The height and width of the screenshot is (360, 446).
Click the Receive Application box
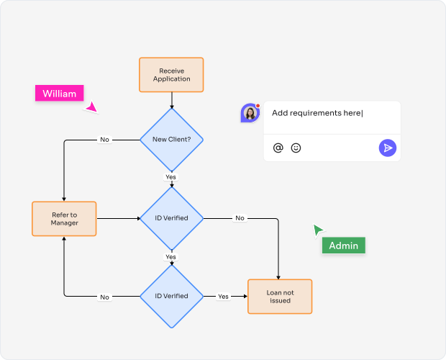pos(171,75)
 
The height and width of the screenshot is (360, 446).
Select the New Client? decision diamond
pos(171,139)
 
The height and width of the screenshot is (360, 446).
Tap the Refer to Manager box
pos(65,218)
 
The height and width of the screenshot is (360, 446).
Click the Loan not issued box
pos(280,296)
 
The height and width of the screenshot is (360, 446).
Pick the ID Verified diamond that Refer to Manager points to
pos(171,218)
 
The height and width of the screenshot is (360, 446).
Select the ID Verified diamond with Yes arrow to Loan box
pos(171,296)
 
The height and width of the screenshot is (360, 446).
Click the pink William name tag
pos(59,94)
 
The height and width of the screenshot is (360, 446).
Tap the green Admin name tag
pos(343,246)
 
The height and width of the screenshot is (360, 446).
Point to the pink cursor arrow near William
pos(91,108)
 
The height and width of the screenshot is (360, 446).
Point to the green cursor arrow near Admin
pos(317,230)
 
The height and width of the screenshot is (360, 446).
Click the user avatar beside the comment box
pos(250,113)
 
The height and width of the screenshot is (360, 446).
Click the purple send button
pos(388,148)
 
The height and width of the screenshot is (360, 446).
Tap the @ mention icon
pos(278,148)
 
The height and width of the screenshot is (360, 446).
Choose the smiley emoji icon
pos(296,148)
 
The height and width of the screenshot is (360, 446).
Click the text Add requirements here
pos(317,113)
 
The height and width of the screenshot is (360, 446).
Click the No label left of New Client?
pos(105,140)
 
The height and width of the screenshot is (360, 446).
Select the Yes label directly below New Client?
pos(170,177)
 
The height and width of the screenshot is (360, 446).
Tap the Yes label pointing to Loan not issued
pos(223,297)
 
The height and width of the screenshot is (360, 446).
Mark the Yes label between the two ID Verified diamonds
pos(170,257)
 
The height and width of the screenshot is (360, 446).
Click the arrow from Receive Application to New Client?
pos(171,100)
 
